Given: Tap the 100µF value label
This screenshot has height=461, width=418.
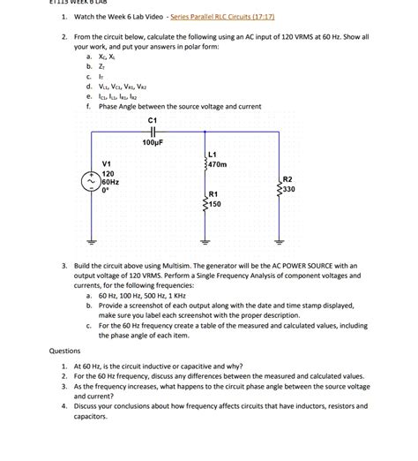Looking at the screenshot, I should click(153, 140).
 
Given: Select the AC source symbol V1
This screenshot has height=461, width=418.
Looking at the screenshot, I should click(90, 182).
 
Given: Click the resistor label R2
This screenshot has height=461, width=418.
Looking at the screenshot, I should click(287, 178).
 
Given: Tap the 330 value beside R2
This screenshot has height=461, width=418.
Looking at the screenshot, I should click(288, 188).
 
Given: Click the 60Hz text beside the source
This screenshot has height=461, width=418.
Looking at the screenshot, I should click(110, 182).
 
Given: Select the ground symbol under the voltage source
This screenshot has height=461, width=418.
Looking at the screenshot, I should click(90, 241).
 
